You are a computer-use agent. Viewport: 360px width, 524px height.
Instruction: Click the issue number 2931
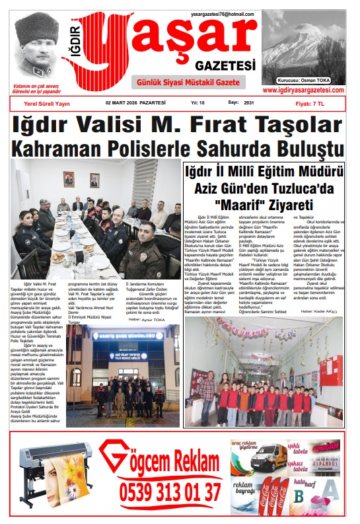click(x=249, y=103)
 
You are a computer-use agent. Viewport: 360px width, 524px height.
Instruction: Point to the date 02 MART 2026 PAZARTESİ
click(x=135, y=103)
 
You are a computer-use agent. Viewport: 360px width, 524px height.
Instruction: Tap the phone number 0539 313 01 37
click(x=170, y=492)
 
